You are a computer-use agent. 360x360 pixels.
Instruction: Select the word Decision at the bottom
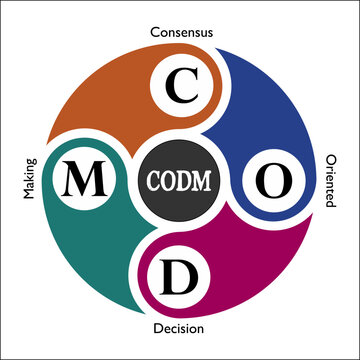point(180,328)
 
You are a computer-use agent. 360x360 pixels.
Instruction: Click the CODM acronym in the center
point(180,181)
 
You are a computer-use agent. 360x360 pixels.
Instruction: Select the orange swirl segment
point(110,100)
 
